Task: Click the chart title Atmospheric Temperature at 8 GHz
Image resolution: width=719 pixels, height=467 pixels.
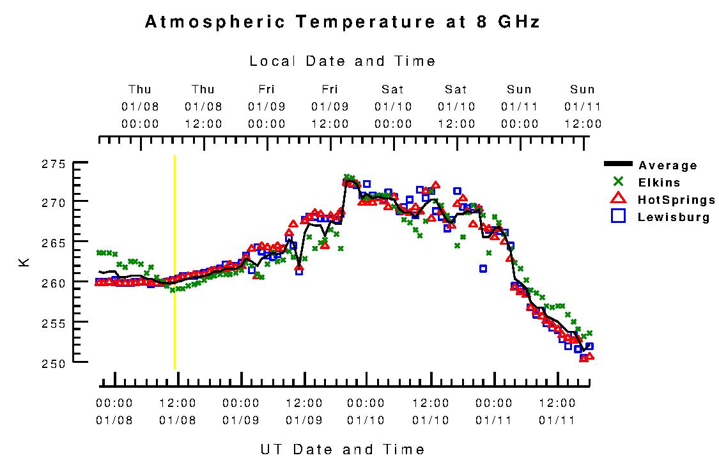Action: (343, 22)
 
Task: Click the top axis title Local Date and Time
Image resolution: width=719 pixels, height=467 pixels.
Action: (343, 61)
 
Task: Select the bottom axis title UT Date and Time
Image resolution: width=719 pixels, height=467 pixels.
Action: (343, 449)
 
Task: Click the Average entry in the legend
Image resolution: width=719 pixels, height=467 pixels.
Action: (668, 165)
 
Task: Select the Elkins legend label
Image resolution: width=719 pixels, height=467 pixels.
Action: (659, 183)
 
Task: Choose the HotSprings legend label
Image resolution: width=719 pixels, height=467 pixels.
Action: (676, 200)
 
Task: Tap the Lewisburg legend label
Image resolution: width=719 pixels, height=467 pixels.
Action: (674, 217)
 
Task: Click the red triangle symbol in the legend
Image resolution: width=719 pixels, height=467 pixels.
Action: (618, 199)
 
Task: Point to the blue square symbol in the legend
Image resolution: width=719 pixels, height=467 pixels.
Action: (618, 217)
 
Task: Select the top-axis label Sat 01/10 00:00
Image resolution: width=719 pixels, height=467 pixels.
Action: (393, 106)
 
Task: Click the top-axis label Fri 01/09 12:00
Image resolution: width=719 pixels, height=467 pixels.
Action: (330, 106)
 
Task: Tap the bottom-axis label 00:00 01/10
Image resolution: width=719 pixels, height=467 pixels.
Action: (366, 412)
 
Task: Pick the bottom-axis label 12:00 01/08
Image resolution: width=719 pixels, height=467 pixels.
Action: (177, 412)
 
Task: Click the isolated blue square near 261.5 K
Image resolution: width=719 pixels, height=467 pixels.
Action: (483, 268)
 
